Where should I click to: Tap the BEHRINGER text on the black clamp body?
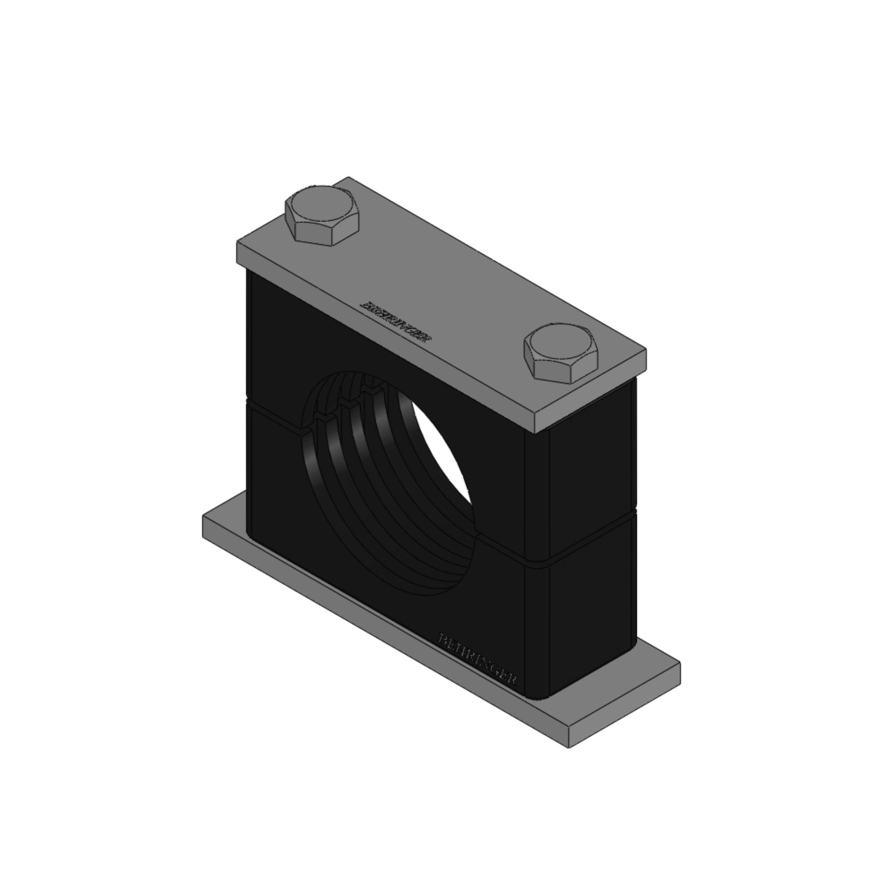tap(478, 661)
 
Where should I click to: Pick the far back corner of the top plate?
tap(349, 178)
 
